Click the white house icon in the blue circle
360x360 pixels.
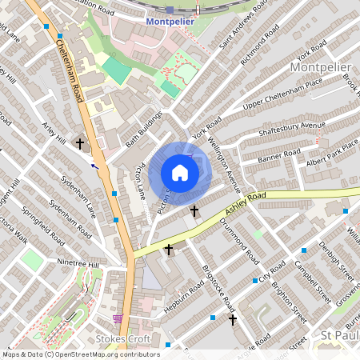[180, 173]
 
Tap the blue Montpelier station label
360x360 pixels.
[171, 22]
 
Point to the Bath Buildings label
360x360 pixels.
[144, 129]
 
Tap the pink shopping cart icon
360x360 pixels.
[118, 318]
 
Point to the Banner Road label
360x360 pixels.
[279, 154]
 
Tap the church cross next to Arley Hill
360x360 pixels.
[79, 144]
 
